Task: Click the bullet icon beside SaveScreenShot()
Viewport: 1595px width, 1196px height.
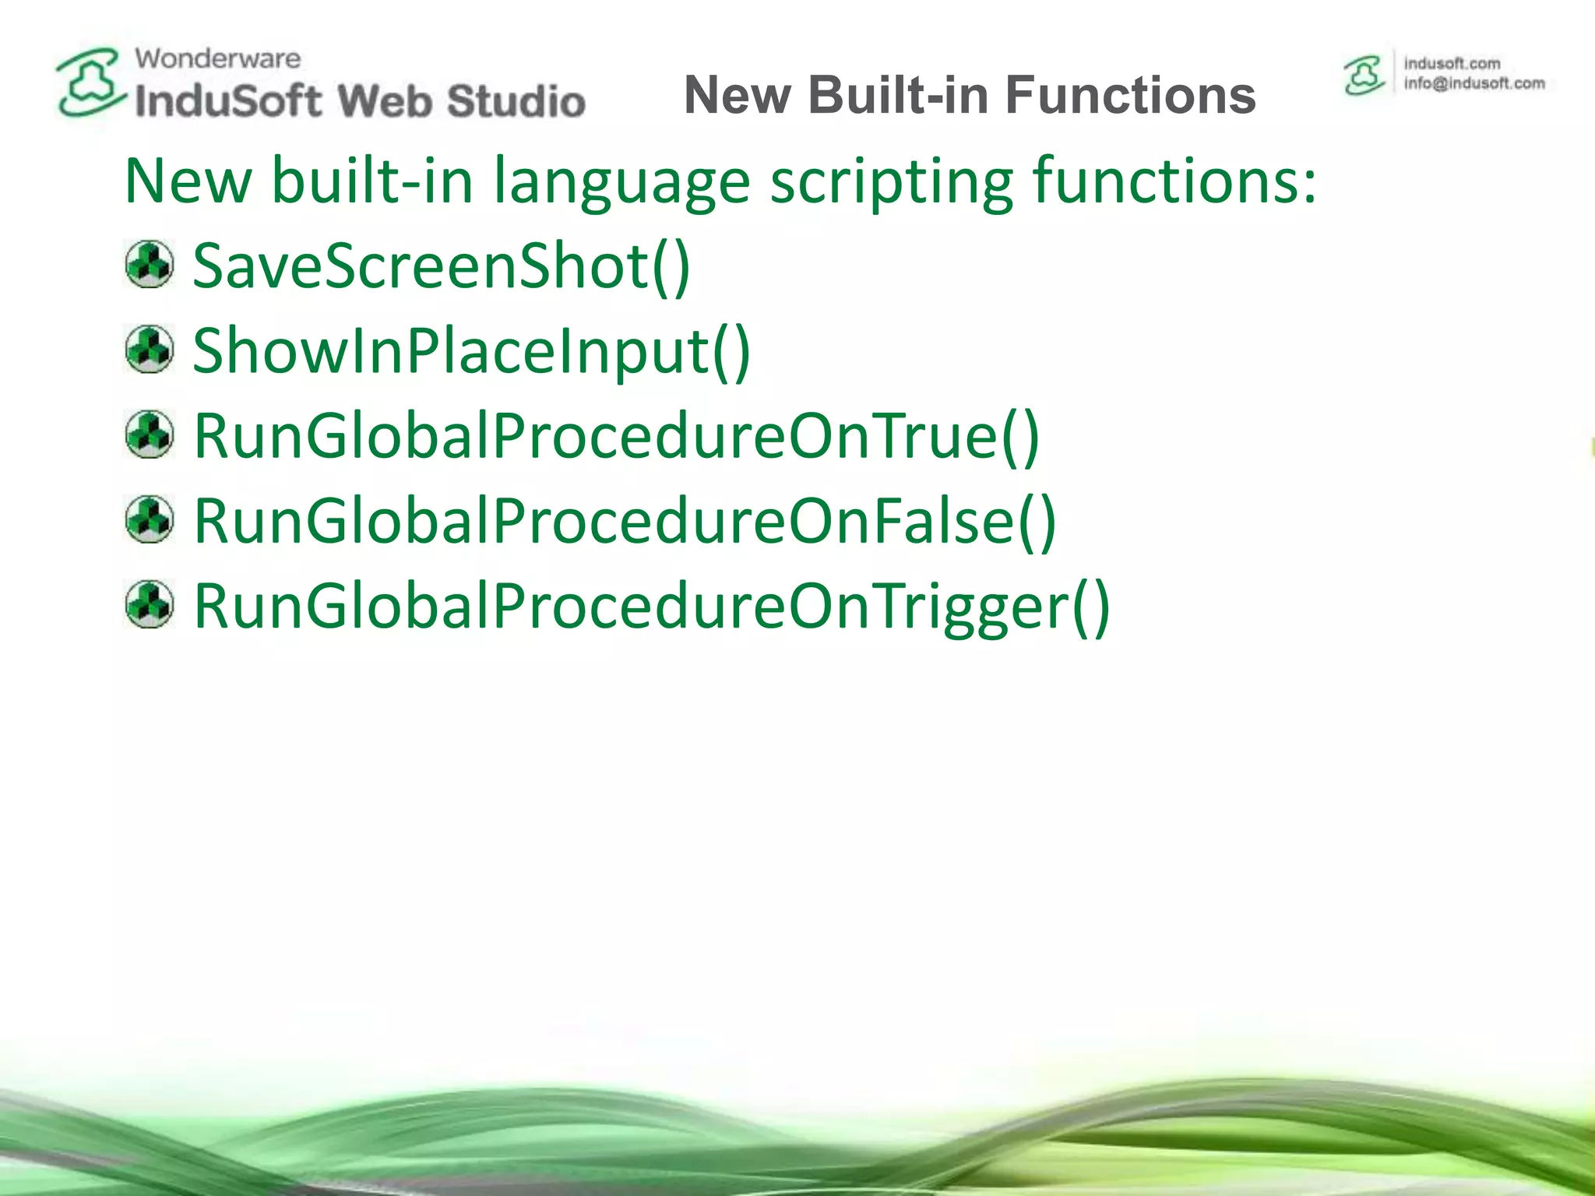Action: pos(149,265)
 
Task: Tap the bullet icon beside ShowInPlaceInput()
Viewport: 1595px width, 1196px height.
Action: pos(149,350)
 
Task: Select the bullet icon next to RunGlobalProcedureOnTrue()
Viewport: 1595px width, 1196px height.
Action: pos(149,434)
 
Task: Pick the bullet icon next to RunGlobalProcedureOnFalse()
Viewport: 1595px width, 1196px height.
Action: pos(149,519)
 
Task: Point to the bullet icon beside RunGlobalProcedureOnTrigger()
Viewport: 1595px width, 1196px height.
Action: pos(149,604)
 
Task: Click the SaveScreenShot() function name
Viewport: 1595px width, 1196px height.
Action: pos(441,266)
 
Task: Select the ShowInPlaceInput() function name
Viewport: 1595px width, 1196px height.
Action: pos(471,351)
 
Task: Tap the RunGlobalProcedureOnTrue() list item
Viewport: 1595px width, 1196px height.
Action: pos(616,436)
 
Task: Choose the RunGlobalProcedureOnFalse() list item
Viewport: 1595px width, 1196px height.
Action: pos(625,521)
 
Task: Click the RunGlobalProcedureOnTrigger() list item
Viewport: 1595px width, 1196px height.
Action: pos(651,606)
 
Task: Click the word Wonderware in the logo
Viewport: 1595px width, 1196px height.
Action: pos(217,58)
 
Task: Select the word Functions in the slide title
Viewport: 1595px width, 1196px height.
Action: pos(1130,95)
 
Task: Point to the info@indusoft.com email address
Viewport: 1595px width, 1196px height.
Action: pos(1474,83)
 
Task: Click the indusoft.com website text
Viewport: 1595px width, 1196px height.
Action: pos(1452,63)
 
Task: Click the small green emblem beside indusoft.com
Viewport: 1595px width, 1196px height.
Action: pos(1364,76)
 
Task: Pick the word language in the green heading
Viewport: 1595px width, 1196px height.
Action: pos(621,181)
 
